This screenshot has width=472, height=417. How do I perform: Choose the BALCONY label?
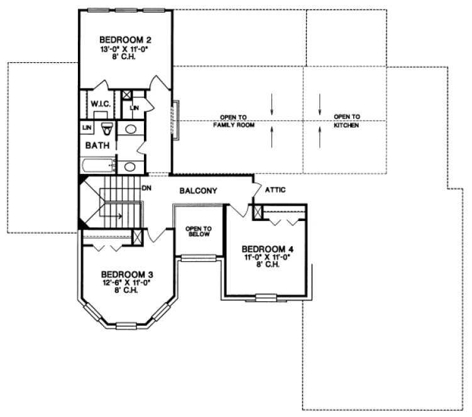[x=199, y=190]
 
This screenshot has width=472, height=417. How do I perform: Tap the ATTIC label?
[x=276, y=190]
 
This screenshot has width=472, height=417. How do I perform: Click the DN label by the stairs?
[x=147, y=187]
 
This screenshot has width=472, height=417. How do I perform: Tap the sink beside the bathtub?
[x=130, y=166]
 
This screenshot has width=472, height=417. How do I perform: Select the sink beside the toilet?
[x=130, y=129]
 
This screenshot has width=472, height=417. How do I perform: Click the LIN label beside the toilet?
[x=85, y=128]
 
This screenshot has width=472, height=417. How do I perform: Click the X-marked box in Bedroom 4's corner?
[x=258, y=212]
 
